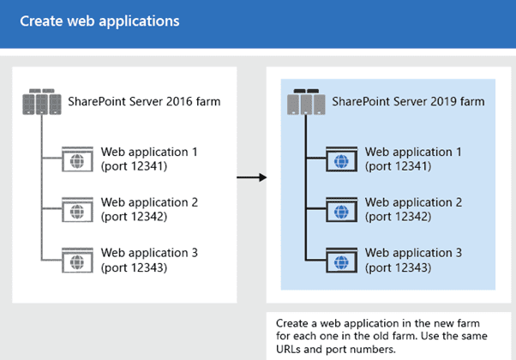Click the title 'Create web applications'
click(x=100, y=20)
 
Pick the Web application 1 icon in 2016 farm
click(x=78, y=159)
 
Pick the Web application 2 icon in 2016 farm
click(x=78, y=209)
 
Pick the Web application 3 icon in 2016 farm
click(x=78, y=259)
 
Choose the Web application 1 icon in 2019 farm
click(x=342, y=159)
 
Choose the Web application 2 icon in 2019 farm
click(x=342, y=208)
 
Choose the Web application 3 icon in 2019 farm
click(x=342, y=258)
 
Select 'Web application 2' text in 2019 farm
click(x=413, y=202)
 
